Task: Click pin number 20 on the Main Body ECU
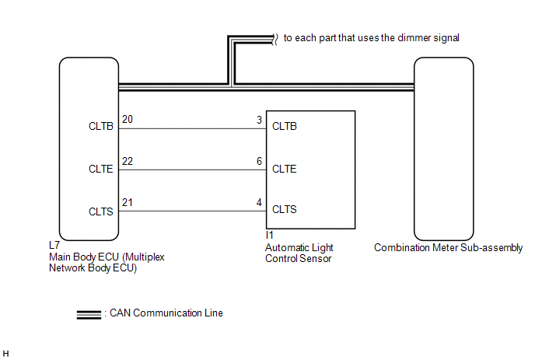pyautogui.click(x=128, y=119)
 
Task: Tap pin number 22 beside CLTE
pyautogui.click(x=128, y=161)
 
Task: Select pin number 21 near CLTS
pyautogui.click(x=128, y=202)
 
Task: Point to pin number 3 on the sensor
pyautogui.click(x=259, y=120)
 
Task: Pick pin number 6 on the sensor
pyautogui.click(x=259, y=161)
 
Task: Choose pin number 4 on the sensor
pyautogui.click(x=259, y=202)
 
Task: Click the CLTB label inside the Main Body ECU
pyautogui.click(x=100, y=126)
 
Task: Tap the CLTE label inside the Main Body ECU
pyautogui.click(x=100, y=169)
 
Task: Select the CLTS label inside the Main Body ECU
pyautogui.click(x=100, y=211)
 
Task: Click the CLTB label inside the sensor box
pyautogui.click(x=285, y=126)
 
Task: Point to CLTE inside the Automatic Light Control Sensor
pyautogui.click(x=285, y=169)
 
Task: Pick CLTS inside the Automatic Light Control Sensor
pyautogui.click(x=285, y=209)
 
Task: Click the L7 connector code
pyautogui.click(x=54, y=245)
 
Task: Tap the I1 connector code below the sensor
pyautogui.click(x=270, y=235)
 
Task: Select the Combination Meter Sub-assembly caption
pyautogui.click(x=449, y=248)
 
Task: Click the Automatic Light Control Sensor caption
pyautogui.click(x=299, y=253)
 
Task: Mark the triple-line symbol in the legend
pyautogui.click(x=89, y=315)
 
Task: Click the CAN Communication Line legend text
pyautogui.click(x=166, y=313)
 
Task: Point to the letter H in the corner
pyautogui.click(x=5, y=354)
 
